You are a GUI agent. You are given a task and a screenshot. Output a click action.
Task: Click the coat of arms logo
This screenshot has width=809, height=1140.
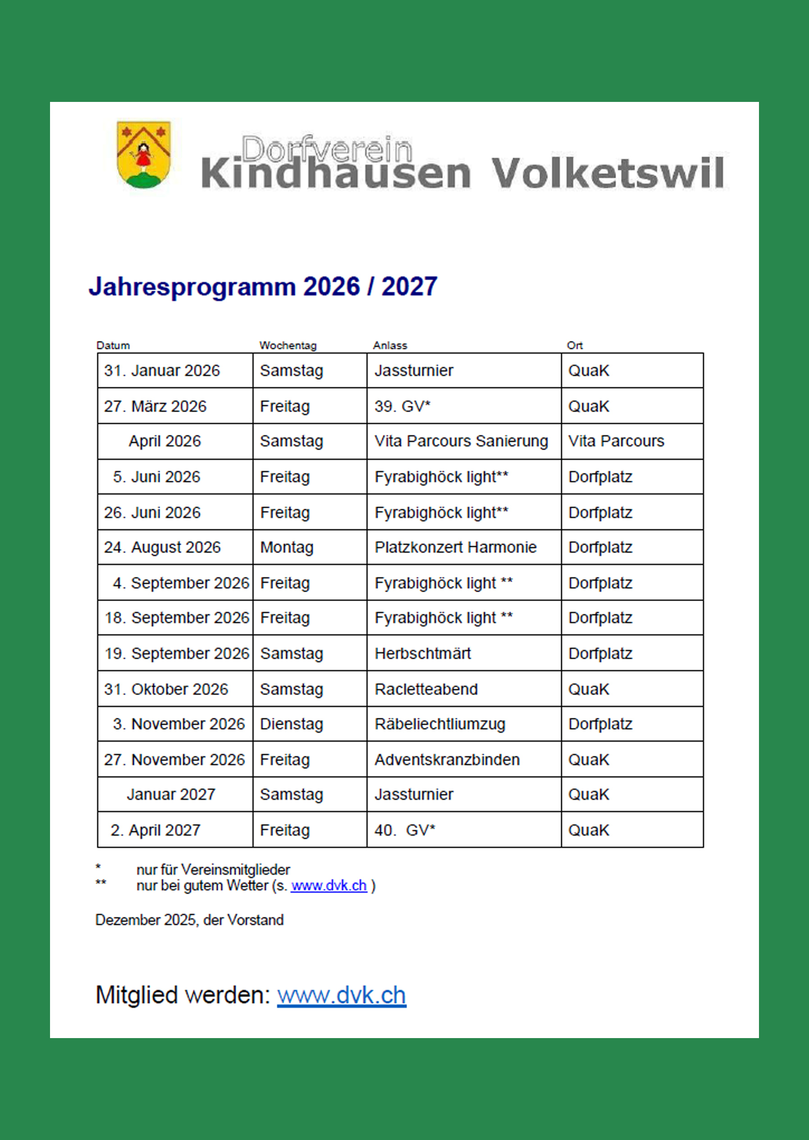point(143,155)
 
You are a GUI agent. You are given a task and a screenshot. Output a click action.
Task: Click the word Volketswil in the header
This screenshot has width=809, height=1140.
point(607,174)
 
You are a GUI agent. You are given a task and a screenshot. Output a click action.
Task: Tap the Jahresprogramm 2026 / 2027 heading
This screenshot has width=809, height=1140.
point(262,287)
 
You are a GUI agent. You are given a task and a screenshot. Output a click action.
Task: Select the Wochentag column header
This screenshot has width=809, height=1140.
point(288,345)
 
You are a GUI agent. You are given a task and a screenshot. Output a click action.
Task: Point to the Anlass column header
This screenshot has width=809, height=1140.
point(389,345)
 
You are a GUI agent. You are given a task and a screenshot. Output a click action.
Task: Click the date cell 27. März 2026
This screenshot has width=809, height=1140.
point(155,406)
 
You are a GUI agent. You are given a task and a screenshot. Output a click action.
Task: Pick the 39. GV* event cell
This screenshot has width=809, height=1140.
point(402,406)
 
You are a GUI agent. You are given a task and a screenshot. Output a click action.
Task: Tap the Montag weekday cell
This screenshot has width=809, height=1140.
point(287,547)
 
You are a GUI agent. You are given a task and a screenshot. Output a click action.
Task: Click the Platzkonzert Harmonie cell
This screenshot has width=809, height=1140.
point(455,547)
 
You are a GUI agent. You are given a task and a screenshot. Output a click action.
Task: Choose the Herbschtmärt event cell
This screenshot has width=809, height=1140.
point(422,653)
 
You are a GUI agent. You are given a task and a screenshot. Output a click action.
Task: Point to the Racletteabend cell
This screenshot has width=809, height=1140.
point(426,690)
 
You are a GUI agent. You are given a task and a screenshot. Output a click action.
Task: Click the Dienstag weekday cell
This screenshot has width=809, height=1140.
point(292,724)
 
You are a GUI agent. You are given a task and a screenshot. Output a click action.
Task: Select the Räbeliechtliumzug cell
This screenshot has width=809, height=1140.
point(440,724)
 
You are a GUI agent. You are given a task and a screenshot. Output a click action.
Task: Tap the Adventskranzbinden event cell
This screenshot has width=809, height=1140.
point(447,760)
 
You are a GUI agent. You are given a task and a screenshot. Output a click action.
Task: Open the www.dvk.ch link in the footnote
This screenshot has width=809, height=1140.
point(329,886)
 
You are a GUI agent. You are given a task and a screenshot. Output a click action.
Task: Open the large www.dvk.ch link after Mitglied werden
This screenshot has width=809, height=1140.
point(341,995)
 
